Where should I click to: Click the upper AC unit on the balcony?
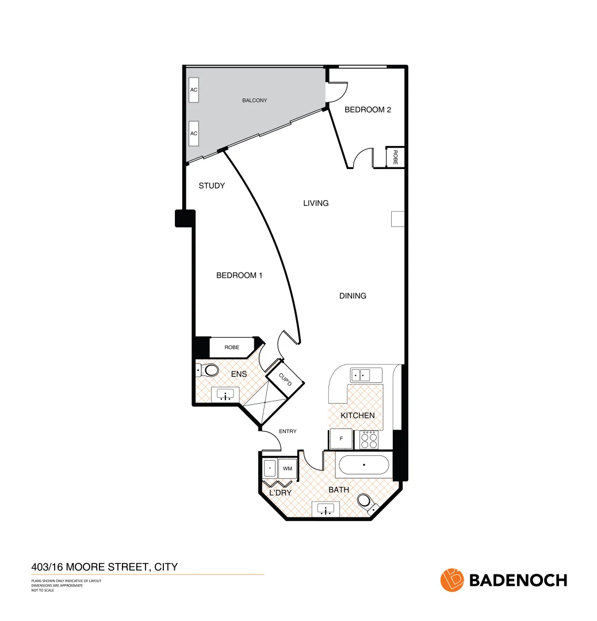point(194,90)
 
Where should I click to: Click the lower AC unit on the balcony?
point(194,133)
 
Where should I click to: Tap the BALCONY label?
point(254,101)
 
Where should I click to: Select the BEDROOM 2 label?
point(368,109)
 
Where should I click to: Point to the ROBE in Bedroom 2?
point(395,157)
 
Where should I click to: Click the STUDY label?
point(211,186)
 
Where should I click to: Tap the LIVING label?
point(316,203)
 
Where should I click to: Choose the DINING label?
point(353,296)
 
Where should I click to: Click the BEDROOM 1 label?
point(239,275)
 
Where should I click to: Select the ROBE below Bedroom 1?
point(232,347)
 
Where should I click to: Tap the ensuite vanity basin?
point(225,394)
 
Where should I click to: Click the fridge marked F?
point(341,439)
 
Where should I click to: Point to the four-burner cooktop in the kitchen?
point(369,440)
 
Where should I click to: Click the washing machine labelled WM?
point(288,469)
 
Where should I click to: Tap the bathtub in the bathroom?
point(363,465)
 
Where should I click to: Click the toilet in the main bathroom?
point(367,503)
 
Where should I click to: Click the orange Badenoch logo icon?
point(451,580)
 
